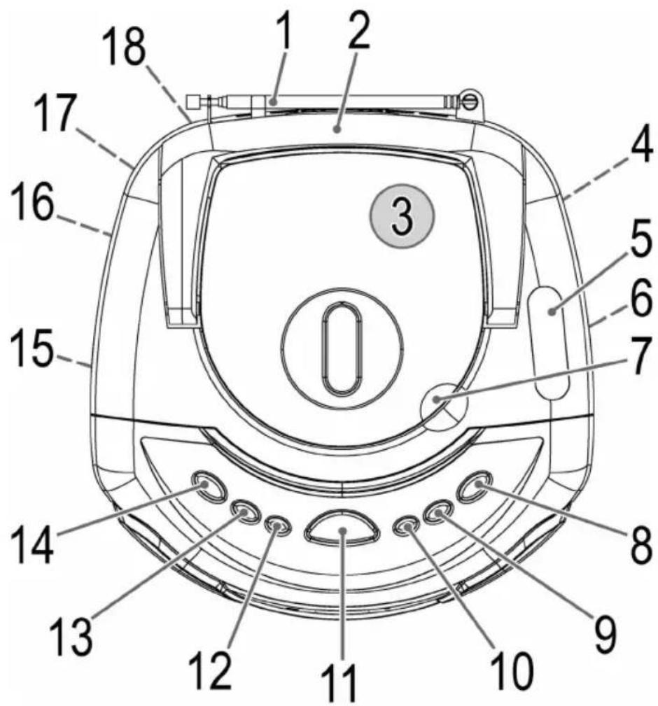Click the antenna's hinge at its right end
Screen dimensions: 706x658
[468, 100]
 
